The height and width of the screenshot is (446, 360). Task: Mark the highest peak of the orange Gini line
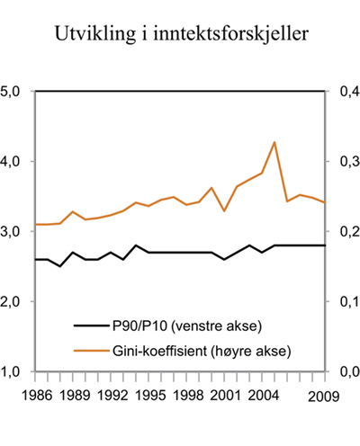274,142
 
